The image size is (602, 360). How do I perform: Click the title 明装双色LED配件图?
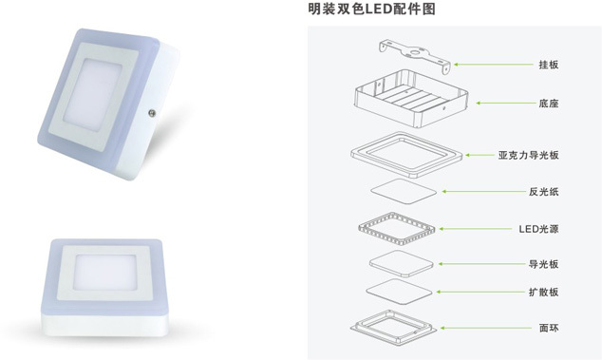(x=371, y=9)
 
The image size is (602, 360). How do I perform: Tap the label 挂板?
(x=549, y=65)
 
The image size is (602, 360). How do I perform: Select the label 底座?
(x=549, y=104)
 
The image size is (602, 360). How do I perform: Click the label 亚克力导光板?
(x=529, y=155)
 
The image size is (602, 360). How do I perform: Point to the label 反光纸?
(x=544, y=191)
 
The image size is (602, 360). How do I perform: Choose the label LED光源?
(x=538, y=229)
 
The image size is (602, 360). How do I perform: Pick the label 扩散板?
(x=544, y=292)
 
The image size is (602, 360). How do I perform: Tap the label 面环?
(x=549, y=328)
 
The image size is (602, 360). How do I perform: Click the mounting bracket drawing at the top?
(x=415, y=56)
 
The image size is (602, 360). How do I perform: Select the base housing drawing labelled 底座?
(x=411, y=99)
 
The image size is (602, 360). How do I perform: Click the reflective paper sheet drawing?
(x=404, y=191)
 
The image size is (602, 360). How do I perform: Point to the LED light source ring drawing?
(x=397, y=229)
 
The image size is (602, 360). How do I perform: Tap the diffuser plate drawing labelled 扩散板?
(x=400, y=292)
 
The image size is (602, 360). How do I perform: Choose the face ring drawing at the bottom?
(x=393, y=328)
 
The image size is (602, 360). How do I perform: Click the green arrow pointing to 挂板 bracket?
(x=495, y=65)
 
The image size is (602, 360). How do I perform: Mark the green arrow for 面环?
(x=486, y=328)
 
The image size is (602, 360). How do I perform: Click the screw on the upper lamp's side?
(x=152, y=113)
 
